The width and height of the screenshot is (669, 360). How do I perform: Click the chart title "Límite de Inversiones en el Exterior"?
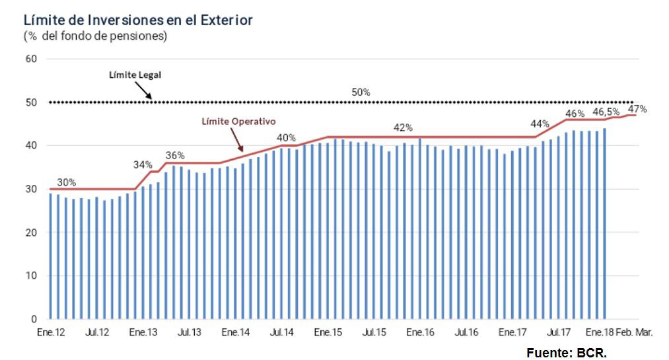click(x=138, y=20)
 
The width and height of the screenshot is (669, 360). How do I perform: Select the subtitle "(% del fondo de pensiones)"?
click(x=95, y=36)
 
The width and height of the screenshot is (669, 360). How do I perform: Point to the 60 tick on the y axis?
click(x=31, y=59)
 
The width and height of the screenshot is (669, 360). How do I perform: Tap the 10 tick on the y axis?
click(x=31, y=276)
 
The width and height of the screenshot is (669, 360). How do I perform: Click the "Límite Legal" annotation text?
click(x=135, y=75)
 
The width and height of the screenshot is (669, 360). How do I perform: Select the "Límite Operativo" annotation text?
click(x=238, y=122)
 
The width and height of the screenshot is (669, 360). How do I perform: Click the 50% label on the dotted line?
click(x=361, y=92)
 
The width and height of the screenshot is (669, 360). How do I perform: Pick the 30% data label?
click(x=66, y=182)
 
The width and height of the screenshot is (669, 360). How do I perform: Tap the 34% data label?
click(x=143, y=164)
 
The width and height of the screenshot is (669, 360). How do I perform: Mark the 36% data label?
click(x=175, y=156)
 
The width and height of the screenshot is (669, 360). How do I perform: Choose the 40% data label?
click(x=286, y=138)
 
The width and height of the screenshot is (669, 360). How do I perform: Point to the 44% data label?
click(x=540, y=124)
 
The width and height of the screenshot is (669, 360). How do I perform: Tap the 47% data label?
click(x=637, y=109)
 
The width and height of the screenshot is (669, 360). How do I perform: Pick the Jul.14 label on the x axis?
click(x=282, y=334)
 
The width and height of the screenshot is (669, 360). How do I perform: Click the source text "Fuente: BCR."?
click(x=566, y=353)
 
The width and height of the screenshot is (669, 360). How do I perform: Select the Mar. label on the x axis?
click(x=644, y=334)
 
